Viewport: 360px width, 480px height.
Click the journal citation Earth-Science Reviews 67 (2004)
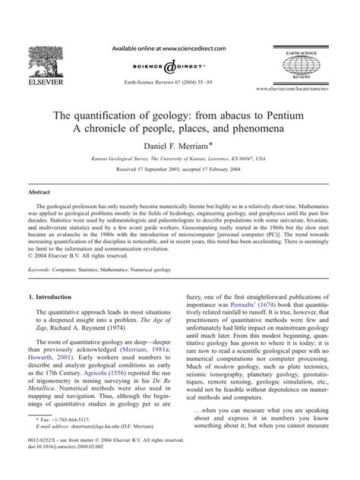pos(179,79)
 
